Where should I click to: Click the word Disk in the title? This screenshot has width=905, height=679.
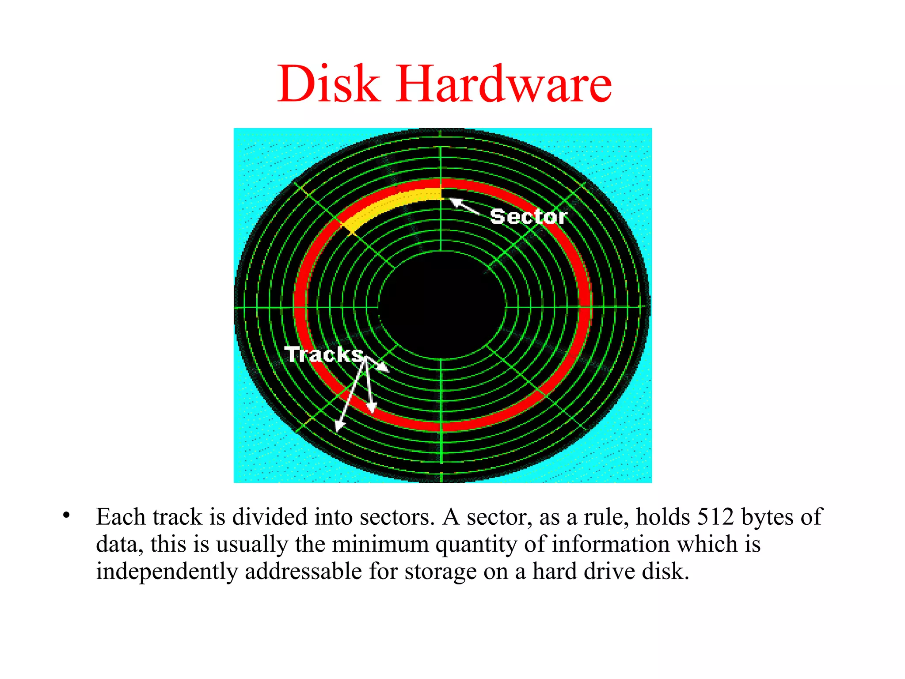pyautogui.click(x=328, y=84)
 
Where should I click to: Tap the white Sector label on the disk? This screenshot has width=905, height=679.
pyautogui.click(x=529, y=217)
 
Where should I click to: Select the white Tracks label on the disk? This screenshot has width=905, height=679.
pyautogui.click(x=324, y=354)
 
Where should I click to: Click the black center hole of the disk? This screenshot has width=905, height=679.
pyautogui.click(x=442, y=305)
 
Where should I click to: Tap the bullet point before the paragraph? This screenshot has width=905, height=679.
pyautogui.click(x=66, y=515)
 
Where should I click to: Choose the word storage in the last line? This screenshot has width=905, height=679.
pyautogui.click(x=440, y=572)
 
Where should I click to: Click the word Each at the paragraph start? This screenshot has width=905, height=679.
pyautogui.click(x=121, y=517)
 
